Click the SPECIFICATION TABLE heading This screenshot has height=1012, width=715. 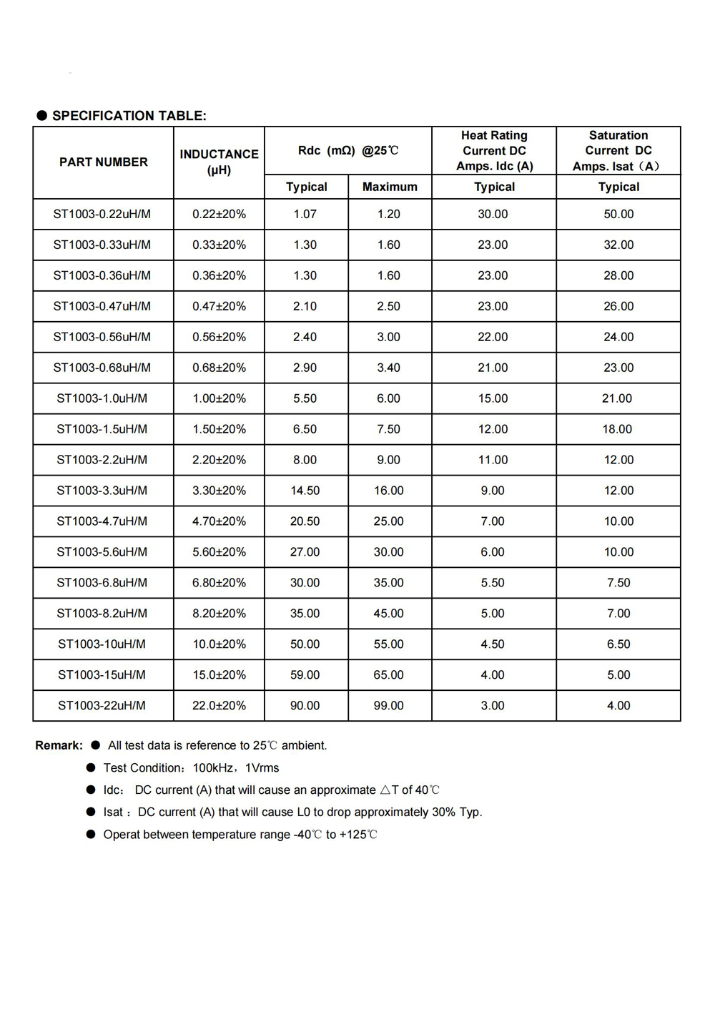(x=129, y=116)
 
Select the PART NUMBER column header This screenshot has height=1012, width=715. (x=104, y=162)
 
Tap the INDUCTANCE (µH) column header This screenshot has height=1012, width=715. (x=219, y=162)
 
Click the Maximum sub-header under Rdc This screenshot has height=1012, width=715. (x=390, y=187)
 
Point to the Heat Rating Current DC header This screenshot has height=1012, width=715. (x=494, y=150)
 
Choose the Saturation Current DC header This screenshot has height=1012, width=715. (x=618, y=150)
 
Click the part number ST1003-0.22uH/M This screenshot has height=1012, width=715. (x=102, y=214)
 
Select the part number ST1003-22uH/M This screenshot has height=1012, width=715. (x=102, y=705)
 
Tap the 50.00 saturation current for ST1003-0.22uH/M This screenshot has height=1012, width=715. (x=618, y=214)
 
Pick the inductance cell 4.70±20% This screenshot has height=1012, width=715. (x=219, y=521)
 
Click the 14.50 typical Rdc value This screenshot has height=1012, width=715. (x=305, y=491)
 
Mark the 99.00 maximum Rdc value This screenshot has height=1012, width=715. (x=389, y=705)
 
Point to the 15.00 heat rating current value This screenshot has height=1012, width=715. (x=493, y=398)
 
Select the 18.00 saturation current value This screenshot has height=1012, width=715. (x=617, y=429)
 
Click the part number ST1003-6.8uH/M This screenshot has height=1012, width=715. (x=102, y=583)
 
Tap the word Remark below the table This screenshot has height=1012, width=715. (x=59, y=745)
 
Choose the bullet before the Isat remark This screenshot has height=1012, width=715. (x=91, y=812)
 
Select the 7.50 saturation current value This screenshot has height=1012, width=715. (x=618, y=583)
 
